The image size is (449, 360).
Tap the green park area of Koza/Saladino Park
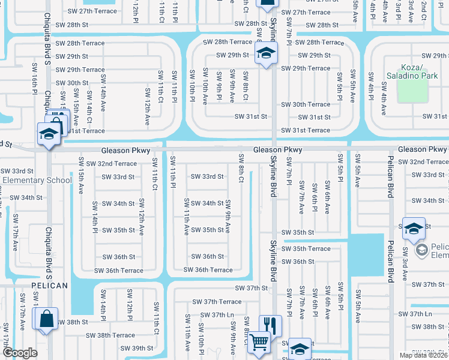pos(413,89)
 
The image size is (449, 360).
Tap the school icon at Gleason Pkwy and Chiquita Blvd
pos(48,134)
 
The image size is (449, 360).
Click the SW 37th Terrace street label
pos(217,302)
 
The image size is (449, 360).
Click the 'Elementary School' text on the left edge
pos(37,181)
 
